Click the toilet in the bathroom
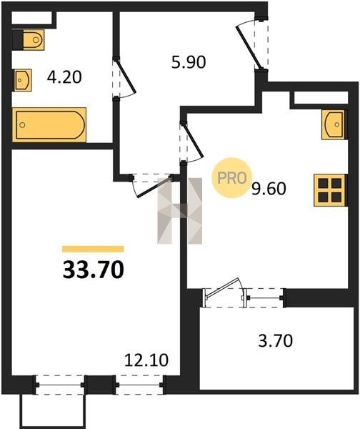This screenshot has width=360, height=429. tap(34, 40)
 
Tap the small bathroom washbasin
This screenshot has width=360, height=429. tap(23, 80)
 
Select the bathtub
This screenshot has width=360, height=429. tap(49, 124)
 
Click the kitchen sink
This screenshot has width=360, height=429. tap(333, 124)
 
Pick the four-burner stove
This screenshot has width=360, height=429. tap(330, 190)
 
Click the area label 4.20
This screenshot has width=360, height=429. tap(64, 77)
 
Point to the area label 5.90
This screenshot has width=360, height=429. tap(189, 62)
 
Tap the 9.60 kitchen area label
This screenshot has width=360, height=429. tap(269, 189)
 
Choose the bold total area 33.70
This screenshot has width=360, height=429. tap(94, 270)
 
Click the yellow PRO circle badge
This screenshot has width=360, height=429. tap(232, 178)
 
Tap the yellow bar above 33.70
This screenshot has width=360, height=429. tap(93, 249)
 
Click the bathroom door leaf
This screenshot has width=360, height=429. tap(126, 76)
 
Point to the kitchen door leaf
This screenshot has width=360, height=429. tap(193, 141)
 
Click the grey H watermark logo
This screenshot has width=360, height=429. tap(179, 211)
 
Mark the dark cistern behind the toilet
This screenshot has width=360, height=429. tap(18, 40)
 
